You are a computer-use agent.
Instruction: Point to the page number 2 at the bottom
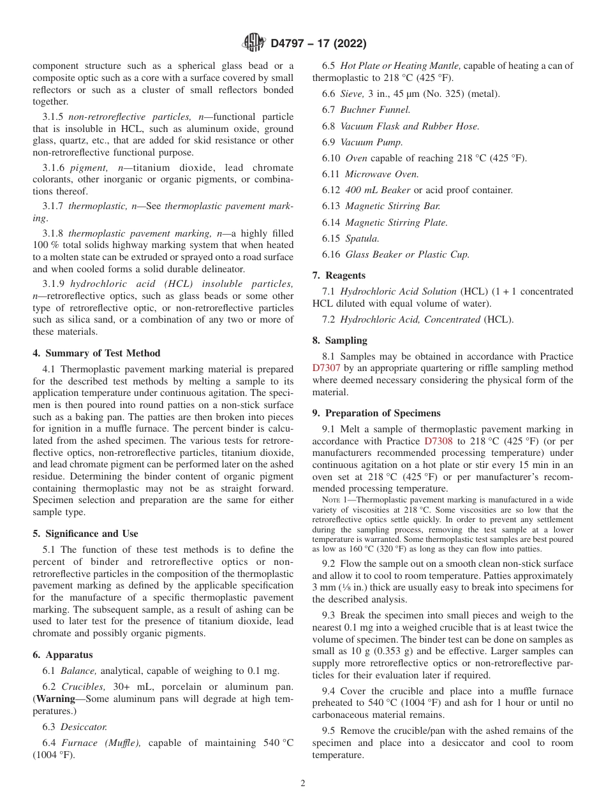[303, 784]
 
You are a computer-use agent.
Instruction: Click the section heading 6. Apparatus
[63, 655]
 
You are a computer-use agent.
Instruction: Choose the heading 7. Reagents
[339, 275]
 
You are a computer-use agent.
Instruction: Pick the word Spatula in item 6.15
[362, 238]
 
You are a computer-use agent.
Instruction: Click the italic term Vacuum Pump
[371, 142]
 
